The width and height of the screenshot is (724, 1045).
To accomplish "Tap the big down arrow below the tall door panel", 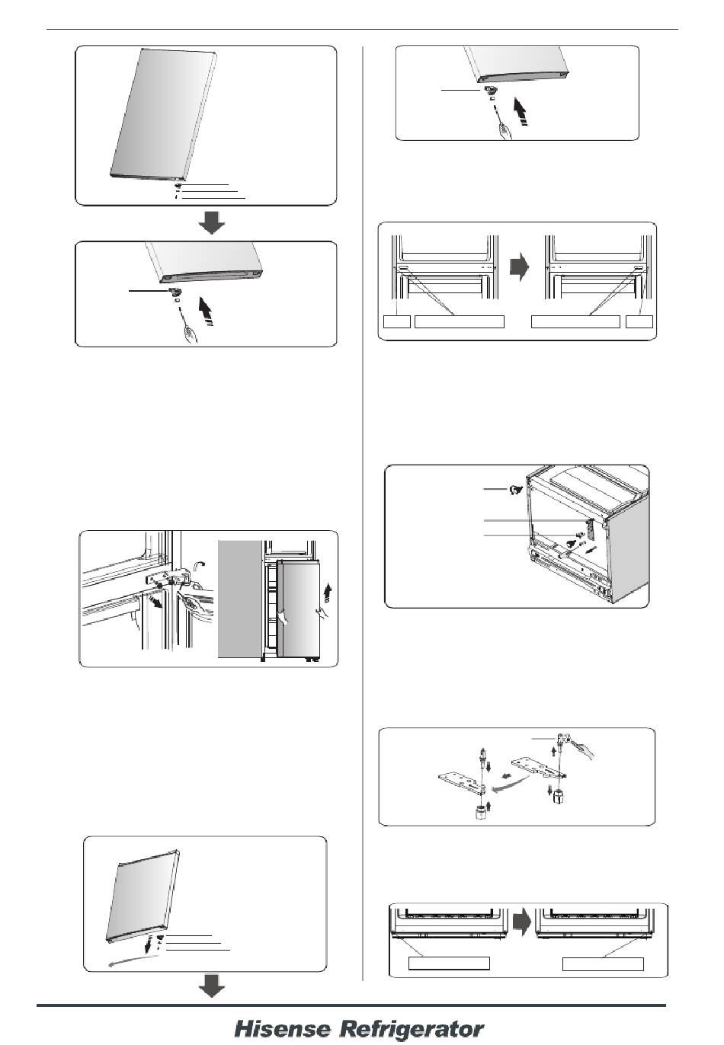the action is coord(211,223).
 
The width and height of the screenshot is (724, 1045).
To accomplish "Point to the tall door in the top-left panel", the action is coord(162,115).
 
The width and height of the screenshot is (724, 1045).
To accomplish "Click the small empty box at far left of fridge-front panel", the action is coord(397,322).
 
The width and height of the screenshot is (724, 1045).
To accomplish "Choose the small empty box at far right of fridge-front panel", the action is coord(639,322).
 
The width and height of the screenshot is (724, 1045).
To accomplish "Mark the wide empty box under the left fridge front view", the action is coord(460,322).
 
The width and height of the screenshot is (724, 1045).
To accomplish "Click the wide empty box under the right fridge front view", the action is coord(575,322).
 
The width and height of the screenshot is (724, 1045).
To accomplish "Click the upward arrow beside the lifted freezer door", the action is coord(330,593).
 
